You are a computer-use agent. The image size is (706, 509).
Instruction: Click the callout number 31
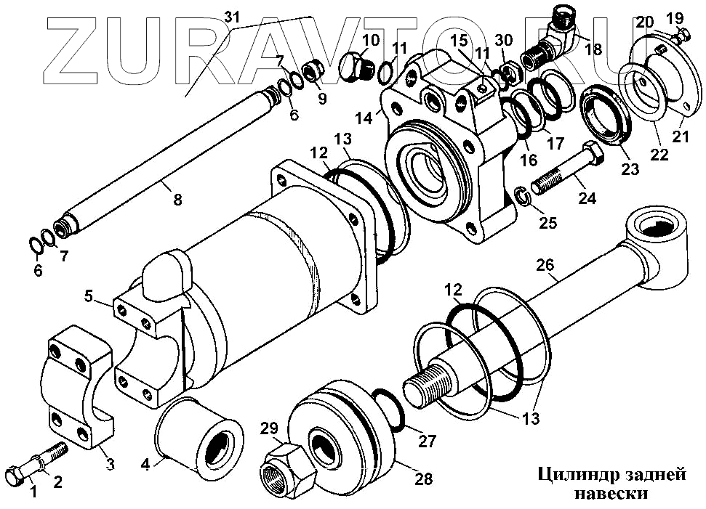tap(232, 15)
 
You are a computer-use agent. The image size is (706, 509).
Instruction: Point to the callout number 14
tap(364, 116)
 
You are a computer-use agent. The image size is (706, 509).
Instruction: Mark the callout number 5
tap(89, 296)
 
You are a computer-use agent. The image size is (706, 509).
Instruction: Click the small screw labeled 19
tap(684, 34)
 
